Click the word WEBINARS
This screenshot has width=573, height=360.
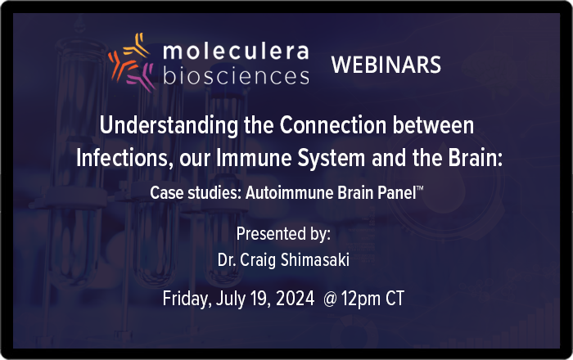(x=386, y=65)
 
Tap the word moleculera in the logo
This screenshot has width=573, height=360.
(x=236, y=51)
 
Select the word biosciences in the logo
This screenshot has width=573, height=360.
(x=236, y=75)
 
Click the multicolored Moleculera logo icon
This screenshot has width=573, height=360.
(x=133, y=62)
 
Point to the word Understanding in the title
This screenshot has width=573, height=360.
(x=169, y=126)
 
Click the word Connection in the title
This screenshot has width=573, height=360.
(x=333, y=125)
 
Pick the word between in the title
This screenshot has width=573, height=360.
(x=433, y=125)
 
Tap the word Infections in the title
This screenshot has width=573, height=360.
(x=124, y=159)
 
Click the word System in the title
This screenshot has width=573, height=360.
(x=331, y=159)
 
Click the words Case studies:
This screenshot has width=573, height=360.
(x=196, y=193)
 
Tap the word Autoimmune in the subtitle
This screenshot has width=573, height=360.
(x=289, y=193)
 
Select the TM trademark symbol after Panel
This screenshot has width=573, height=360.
(x=420, y=188)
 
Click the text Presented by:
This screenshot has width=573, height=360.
(x=283, y=234)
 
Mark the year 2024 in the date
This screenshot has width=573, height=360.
(x=295, y=299)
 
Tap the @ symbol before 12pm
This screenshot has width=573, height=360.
(x=330, y=299)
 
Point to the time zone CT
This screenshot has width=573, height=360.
(x=395, y=299)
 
